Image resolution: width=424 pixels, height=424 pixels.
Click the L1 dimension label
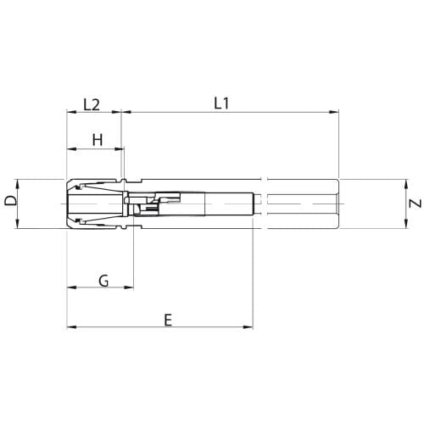(221, 103)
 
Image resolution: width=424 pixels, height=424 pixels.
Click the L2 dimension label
(92, 105)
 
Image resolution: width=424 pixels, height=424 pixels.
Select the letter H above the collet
(98, 140)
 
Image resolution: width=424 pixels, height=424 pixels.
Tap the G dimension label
(103, 281)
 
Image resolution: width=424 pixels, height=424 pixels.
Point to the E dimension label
(168, 321)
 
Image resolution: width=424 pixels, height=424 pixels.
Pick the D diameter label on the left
(11, 201)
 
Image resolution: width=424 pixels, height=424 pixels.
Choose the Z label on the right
(416, 204)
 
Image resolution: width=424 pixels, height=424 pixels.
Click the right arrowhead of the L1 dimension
(333, 112)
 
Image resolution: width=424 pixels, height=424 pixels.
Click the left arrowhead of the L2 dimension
(71, 112)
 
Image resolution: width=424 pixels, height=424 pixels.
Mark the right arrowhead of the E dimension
(248, 327)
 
